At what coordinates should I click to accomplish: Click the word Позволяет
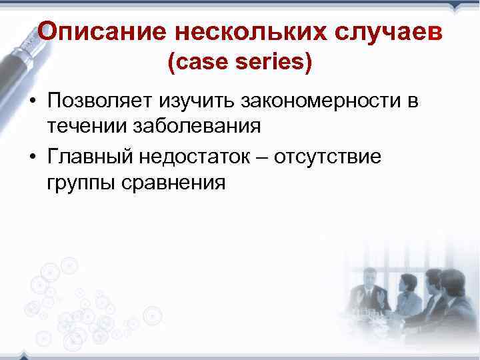pyautogui.click(x=99, y=102)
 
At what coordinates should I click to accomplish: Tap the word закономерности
pyautogui.click(x=318, y=102)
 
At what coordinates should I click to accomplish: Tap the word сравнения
pyautogui.click(x=175, y=182)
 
